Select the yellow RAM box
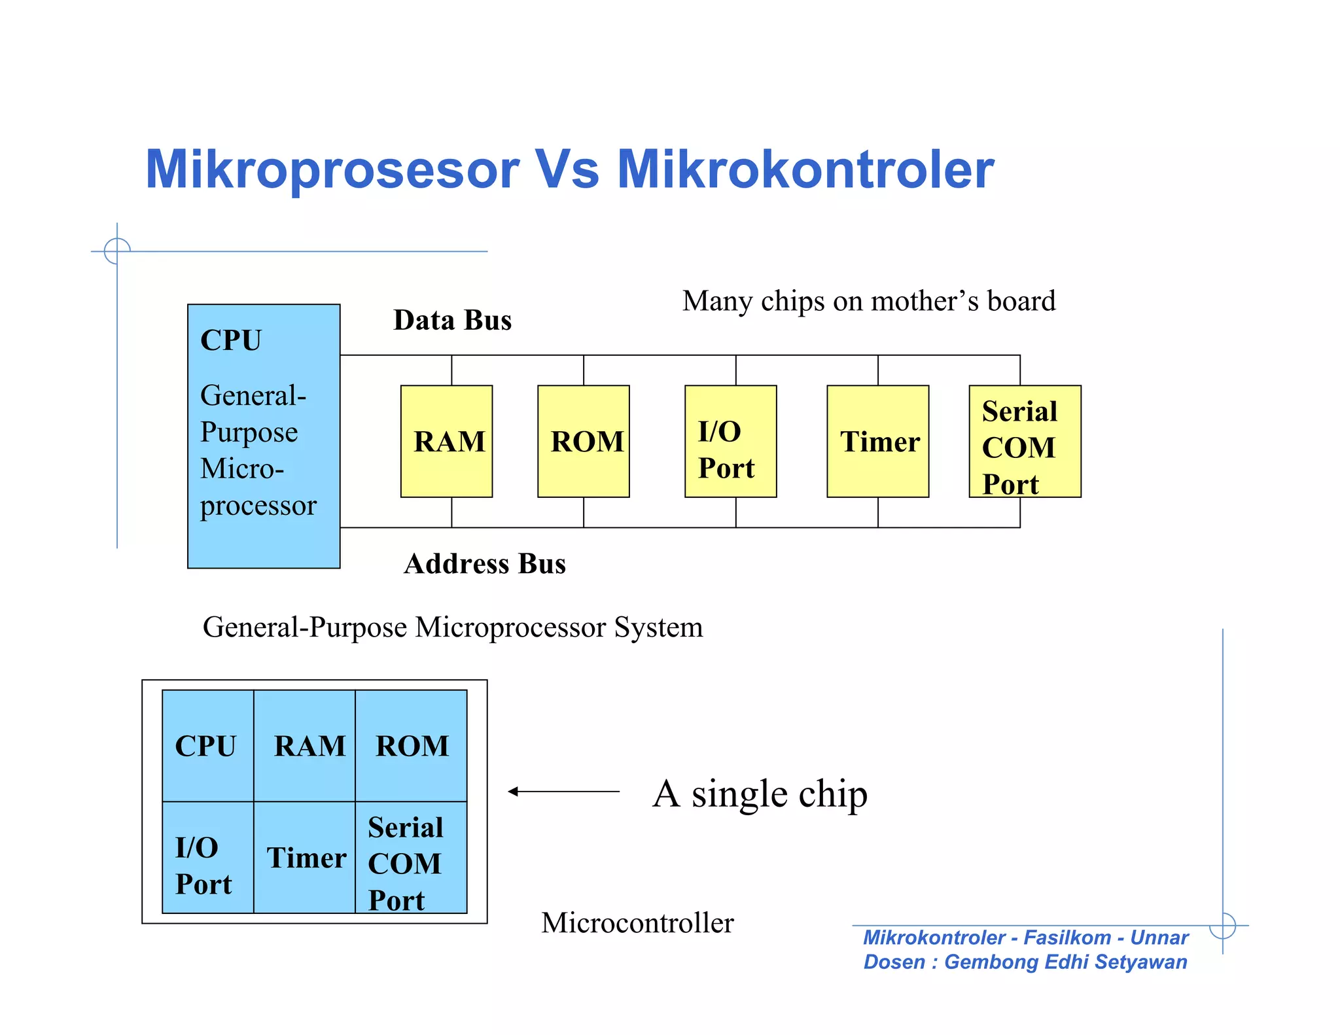click(446, 442)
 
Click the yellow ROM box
click(583, 442)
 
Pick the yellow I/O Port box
click(730, 442)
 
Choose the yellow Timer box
click(877, 442)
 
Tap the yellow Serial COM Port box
click(1025, 442)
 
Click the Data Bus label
click(452, 321)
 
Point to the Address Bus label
click(484, 564)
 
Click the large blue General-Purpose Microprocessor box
click(264, 436)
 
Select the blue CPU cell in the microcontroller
click(207, 746)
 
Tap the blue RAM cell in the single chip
click(305, 746)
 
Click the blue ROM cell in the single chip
click(412, 746)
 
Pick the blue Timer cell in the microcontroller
click(305, 858)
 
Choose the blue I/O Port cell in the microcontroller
click(207, 858)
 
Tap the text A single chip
click(760, 794)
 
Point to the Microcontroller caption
click(637, 923)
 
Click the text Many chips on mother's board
click(868, 302)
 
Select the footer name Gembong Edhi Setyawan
click(1065, 962)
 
